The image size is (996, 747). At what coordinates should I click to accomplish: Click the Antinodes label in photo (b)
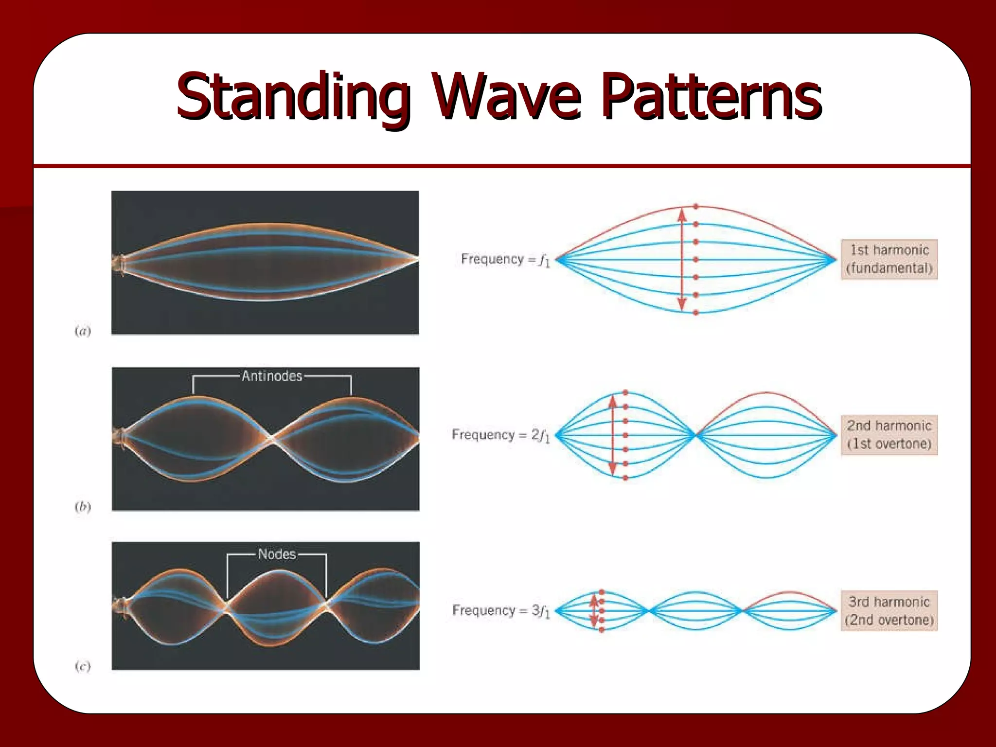point(272,376)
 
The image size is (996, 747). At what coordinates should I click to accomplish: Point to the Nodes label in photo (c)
point(277,554)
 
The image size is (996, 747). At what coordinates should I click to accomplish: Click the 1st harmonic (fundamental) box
point(889,259)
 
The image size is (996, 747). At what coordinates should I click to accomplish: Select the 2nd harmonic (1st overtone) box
point(889,435)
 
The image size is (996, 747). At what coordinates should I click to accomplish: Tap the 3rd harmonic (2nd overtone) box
point(889,611)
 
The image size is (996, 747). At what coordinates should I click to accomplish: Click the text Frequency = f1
point(505,260)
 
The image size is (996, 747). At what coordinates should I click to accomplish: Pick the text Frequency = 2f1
point(500,435)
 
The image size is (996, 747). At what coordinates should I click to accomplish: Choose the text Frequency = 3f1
point(501,611)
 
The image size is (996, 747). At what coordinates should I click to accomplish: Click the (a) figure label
point(83,331)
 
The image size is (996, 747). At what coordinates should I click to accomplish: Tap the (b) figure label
point(83,507)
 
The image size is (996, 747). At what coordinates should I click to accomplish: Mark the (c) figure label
point(83,666)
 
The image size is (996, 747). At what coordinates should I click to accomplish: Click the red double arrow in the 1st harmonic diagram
point(682,259)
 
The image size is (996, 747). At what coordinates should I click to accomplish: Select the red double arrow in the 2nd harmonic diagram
point(613,435)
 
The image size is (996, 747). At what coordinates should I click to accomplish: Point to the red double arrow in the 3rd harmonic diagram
point(594,611)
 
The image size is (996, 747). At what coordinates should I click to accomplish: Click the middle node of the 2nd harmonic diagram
point(696,435)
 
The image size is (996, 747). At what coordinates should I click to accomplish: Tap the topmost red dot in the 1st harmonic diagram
point(696,207)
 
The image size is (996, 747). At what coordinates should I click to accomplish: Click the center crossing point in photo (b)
point(272,439)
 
